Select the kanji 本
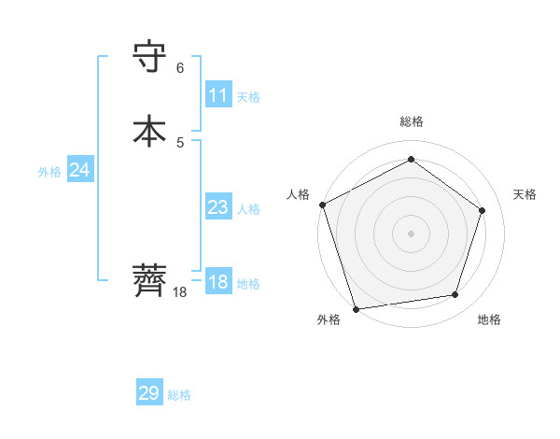pyautogui.click(x=150, y=131)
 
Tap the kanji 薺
pyautogui.click(x=150, y=280)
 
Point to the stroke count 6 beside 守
pyautogui.click(x=180, y=68)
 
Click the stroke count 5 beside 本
pyautogui.click(x=180, y=142)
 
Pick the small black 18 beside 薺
pyautogui.click(x=180, y=292)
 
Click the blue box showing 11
pyautogui.click(x=218, y=95)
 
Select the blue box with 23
pyautogui.click(x=218, y=207)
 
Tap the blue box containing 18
pyautogui.click(x=218, y=282)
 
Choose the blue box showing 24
pyautogui.click(x=80, y=170)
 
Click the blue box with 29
pyautogui.click(x=149, y=393)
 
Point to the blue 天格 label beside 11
pyautogui.click(x=248, y=97)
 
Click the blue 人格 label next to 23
pyautogui.click(x=248, y=209)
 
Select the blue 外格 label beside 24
pyautogui.click(x=49, y=172)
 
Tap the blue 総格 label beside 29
pyautogui.click(x=179, y=395)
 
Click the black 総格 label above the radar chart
pyautogui.click(x=411, y=121)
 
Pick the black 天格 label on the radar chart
pyautogui.click(x=525, y=194)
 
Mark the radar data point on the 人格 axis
pyautogui.click(x=322, y=205)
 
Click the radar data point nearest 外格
pyautogui.click(x=356, y=307)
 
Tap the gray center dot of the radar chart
pyautogui.click(x=411, y=233)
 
